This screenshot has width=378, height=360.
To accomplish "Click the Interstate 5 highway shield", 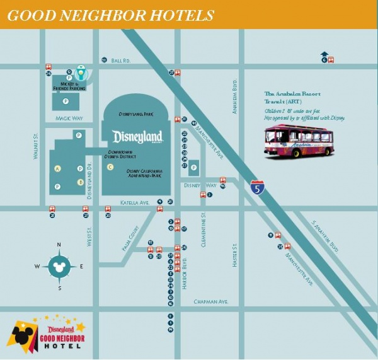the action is coord(256,187).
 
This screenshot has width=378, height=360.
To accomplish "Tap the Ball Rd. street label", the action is coord(120,61).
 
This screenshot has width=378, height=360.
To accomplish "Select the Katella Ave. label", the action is coord(134,202).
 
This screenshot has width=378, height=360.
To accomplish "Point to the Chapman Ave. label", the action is coord(210,302).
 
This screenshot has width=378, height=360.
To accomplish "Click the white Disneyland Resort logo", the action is coord(137,137).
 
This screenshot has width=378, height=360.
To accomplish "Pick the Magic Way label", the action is coord(69,118).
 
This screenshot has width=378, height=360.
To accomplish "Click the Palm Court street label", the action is coord(130,240).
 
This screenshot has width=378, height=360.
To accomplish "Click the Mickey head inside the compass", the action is coord(59,266).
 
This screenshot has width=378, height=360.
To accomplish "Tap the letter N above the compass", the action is coord(59,245).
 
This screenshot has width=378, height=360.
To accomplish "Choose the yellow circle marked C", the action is coord(110,167).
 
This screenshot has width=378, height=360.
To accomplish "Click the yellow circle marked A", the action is coord(57,168).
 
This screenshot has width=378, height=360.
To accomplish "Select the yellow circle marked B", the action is coord(80,182).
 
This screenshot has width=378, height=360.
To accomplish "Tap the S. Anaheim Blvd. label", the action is coord(325,236).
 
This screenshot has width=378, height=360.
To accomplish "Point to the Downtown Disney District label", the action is coord(120,154).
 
